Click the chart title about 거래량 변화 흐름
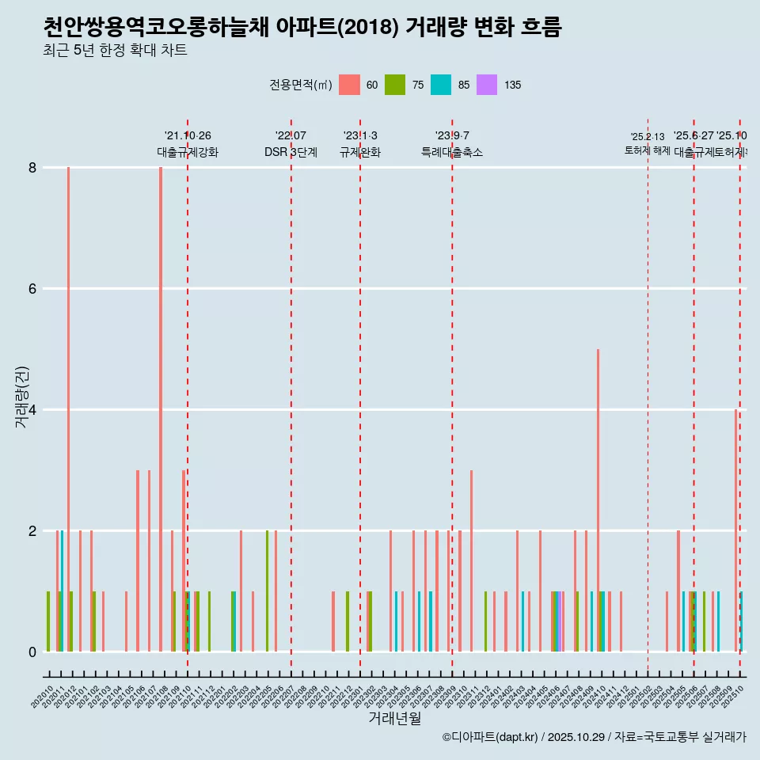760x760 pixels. click(302, 28)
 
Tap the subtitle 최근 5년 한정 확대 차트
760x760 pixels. click(116, 51)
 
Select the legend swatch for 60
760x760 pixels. click(349, 85)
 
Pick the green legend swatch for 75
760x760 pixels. click(395, 85)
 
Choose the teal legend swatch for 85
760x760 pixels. click(441, 85)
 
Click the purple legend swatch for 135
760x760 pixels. click(487, 85)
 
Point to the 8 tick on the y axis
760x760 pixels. click(32, 167)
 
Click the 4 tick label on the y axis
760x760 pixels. click(32, 409)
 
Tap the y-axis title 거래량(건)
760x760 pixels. click(22, 397)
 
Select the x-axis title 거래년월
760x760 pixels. click(394, 718)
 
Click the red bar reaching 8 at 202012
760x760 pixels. click(69, 408)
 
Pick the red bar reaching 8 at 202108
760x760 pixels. click(161, 408)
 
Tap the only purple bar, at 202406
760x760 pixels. click(559, 621)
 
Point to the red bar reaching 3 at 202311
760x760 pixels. click(471, 560)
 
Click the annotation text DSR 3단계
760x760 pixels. click(291, 152)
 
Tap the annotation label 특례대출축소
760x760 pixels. click(451, 152)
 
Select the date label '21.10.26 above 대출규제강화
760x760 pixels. click(188, 136)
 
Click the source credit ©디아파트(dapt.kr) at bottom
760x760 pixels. click(490, 737)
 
